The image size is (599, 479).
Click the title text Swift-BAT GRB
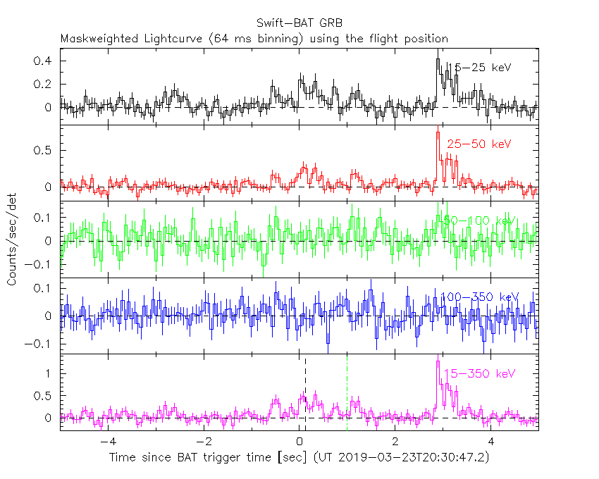coord(300,23)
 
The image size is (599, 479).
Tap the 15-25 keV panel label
coord(481,68)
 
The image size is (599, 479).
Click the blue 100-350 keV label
coord(479,297)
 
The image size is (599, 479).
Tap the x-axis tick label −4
coord(105,442)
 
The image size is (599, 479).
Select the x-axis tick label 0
coord(300,442)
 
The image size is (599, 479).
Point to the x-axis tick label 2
coord(396,442)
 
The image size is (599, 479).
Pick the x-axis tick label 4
coord(492,442)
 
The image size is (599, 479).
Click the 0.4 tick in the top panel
coord(44,61)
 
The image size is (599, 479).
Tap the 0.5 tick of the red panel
coord(44,151)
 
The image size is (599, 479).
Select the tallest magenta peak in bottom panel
coord(438,362)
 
